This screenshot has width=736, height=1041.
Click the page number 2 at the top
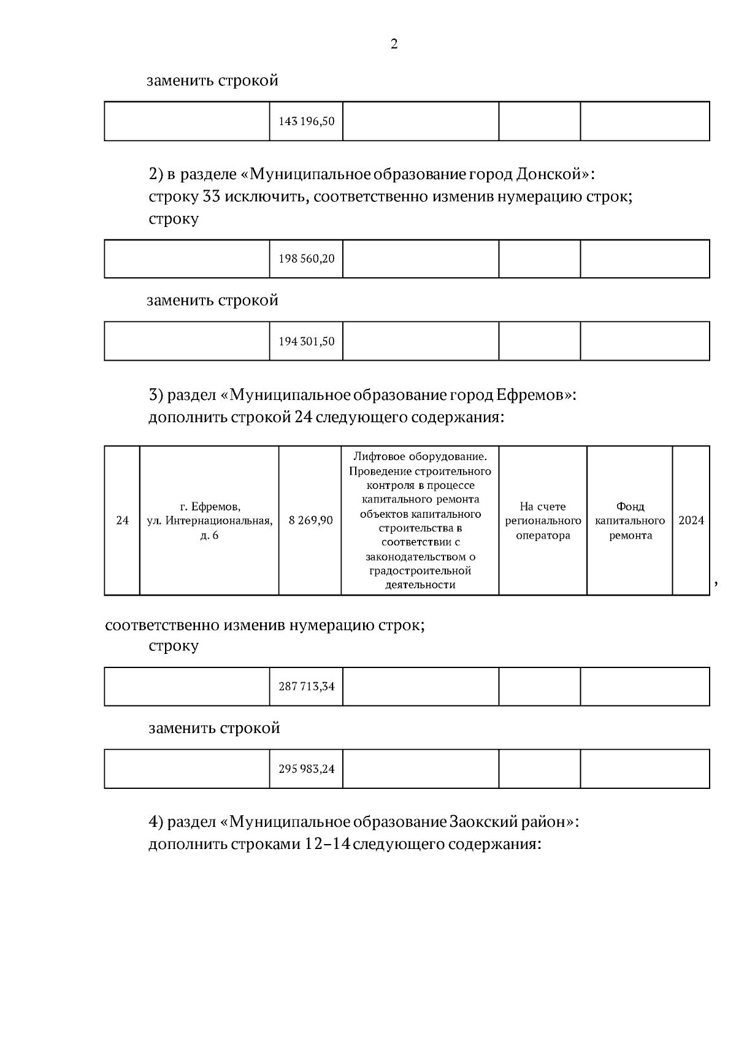click(394, 44)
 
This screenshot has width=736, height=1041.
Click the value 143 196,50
click(307, 121)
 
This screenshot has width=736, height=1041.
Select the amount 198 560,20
click(307, 259)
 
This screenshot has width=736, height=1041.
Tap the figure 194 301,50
click(307, 341)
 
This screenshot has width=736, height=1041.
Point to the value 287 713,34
click(307, 686)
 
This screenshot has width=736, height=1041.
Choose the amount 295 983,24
click(307, 769)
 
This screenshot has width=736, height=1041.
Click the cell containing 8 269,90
click(311, 521)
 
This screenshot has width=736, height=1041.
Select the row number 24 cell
click(123, 521)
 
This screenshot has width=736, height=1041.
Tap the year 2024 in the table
click(691, 521)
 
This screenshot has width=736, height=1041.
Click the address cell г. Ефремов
click(210, 521)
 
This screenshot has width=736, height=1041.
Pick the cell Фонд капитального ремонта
click(630, 521)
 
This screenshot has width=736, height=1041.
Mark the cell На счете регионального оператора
click(543, 521)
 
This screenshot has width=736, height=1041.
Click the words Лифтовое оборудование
click(420, 457)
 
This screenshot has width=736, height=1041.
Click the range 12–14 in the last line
click(328, 844)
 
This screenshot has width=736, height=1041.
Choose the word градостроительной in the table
click(420, 571)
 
